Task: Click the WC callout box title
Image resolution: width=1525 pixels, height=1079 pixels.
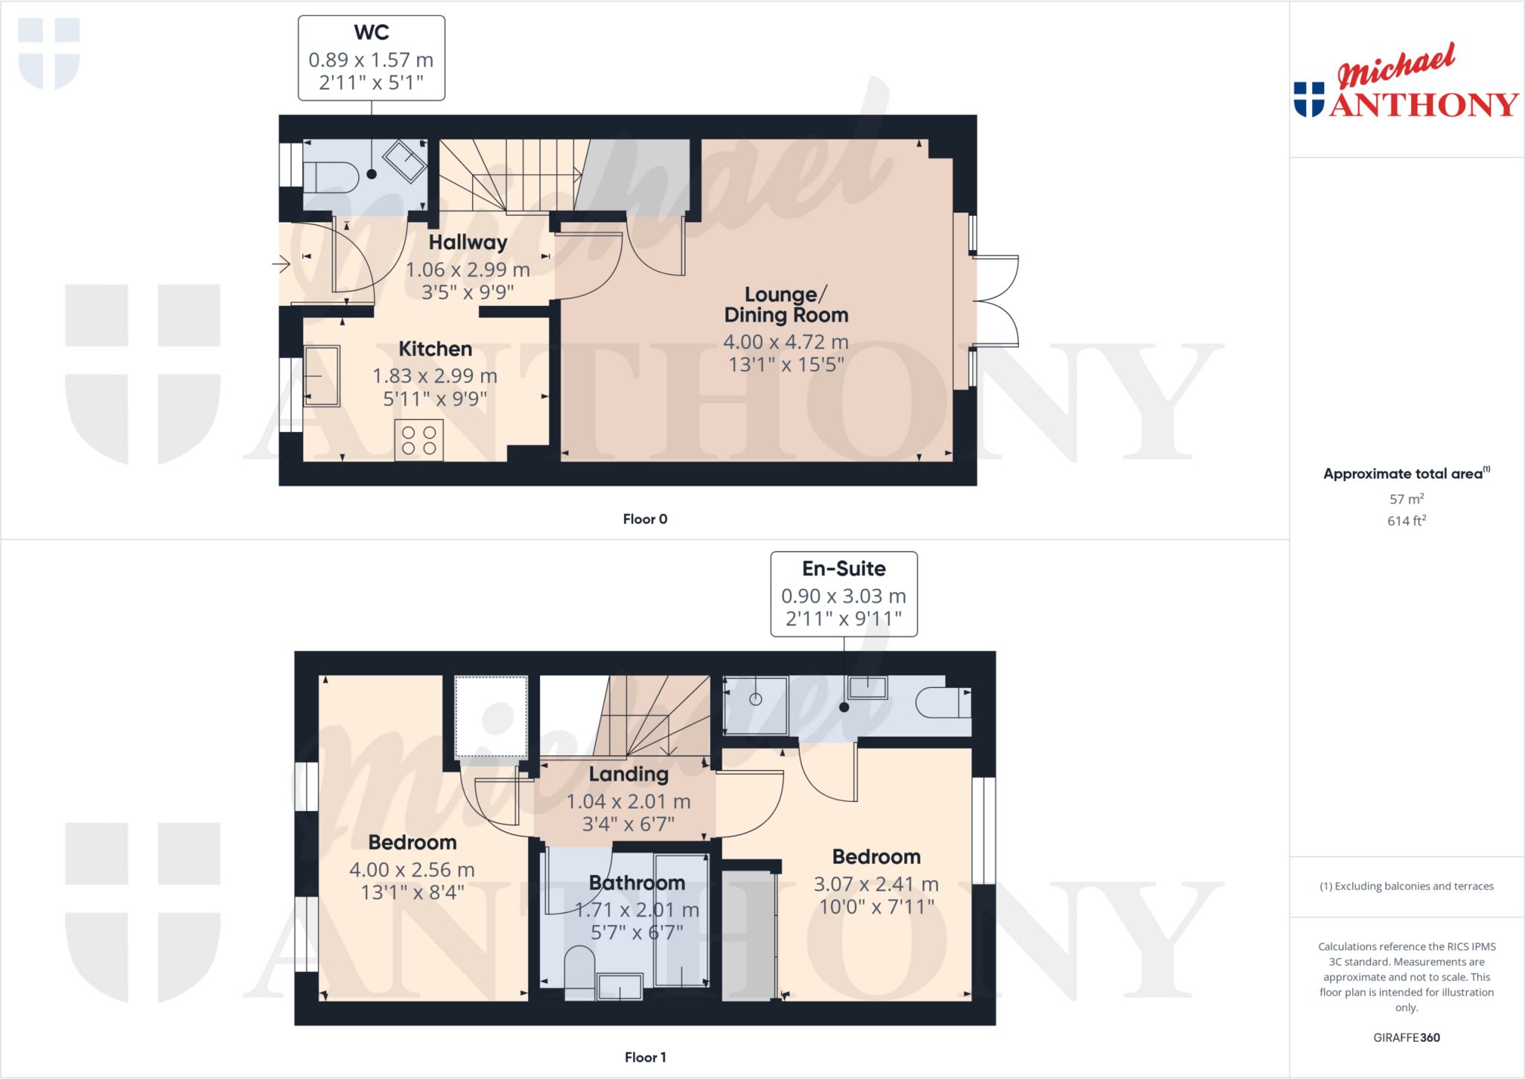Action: (x=372, y=33)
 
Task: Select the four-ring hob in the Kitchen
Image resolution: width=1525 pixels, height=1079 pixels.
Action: (x=419, y=440)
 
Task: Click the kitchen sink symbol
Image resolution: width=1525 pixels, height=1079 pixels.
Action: (x=322, y=376)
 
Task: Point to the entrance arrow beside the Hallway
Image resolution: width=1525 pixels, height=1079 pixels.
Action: (x=281, y=264)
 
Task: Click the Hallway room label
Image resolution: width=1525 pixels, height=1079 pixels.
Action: (x=468, y=243)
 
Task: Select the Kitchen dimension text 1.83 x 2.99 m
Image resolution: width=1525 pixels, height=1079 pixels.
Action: (x=435, y=376)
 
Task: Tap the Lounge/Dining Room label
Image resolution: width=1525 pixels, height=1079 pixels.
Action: (x=786, y=305)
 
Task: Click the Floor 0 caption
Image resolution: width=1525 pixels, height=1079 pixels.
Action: (x=645, y=519)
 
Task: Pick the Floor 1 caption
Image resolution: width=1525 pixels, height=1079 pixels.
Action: (x=645, y=1057)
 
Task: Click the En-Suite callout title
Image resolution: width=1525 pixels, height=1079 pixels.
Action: (x=844, y=569)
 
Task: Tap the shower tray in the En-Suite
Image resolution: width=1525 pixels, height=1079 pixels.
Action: (x=756, y=704)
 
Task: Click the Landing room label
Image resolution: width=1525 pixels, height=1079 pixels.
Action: (x=628, y=774)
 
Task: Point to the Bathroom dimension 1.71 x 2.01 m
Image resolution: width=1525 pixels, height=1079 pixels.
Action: (x=637, y=910)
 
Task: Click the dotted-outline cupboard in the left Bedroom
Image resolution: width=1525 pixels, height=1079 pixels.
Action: (x=491, y=716)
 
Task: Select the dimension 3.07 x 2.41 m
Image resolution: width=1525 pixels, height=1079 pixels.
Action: (x=876, y=884)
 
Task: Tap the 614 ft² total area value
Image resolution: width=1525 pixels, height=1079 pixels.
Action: (x=1406, y=521)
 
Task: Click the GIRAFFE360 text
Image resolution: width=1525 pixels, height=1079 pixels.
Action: (x=1406, y=1037)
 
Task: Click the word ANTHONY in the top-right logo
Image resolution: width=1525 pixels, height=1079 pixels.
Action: (x=1423, y=105)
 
